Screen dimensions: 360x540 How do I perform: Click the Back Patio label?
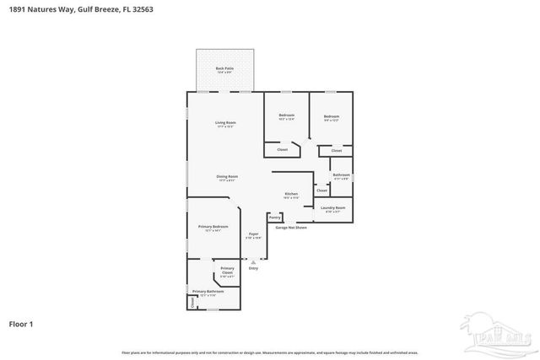click(224, 69)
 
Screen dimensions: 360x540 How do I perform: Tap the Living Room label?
click(225, 124)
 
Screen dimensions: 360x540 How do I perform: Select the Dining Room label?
click(228, 178)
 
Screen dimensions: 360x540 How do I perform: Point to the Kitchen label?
click(291, 196)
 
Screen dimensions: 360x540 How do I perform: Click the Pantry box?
click(274, 218)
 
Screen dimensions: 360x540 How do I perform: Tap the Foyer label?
click(253, 235)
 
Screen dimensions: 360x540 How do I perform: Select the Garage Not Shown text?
click(290, 228)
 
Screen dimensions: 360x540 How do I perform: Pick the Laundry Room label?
click(333, 209)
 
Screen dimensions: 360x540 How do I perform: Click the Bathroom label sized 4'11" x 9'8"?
click(341, 176)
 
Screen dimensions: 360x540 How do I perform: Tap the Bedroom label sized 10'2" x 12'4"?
click(287, 116)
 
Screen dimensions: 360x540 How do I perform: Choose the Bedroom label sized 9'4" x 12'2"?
click(332, 118)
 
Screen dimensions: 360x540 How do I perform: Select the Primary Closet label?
click(227, 274)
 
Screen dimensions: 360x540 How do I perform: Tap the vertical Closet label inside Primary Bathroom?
click(192, 302)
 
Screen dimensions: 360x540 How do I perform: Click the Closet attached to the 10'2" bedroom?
click(282, 150)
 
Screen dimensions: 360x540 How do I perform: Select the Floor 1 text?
click(22, 324)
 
